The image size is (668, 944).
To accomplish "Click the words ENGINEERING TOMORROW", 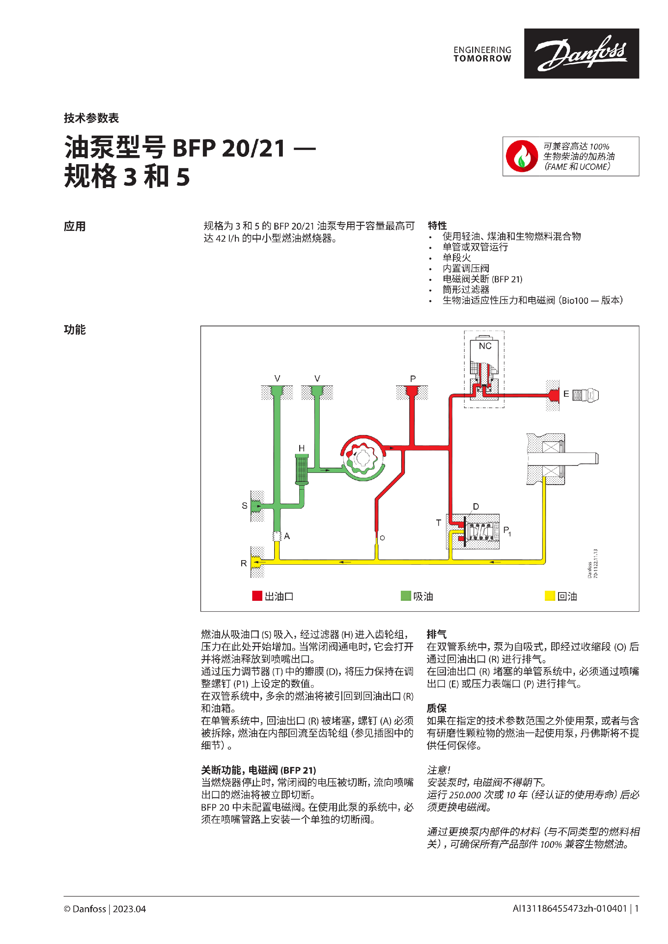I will point(482,54).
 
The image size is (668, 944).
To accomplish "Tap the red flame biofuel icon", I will point(522,156).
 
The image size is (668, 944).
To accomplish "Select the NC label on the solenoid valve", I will point(485,346).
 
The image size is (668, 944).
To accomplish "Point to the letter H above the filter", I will point(302,448).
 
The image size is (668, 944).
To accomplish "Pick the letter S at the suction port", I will point(244,506).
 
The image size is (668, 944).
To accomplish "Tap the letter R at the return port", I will point(244,563).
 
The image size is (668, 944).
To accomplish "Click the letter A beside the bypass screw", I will point(287,536).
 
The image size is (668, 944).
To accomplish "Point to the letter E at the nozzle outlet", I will point(566,394).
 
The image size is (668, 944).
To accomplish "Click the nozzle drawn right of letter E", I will point(586,395).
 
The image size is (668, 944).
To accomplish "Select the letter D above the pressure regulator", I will point(476,507).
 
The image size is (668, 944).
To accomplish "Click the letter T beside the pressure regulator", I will point(438,523).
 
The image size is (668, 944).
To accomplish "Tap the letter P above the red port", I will point(413,379).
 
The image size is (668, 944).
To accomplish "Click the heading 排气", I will point(436,634).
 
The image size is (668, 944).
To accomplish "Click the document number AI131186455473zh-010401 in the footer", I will point(569,909).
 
